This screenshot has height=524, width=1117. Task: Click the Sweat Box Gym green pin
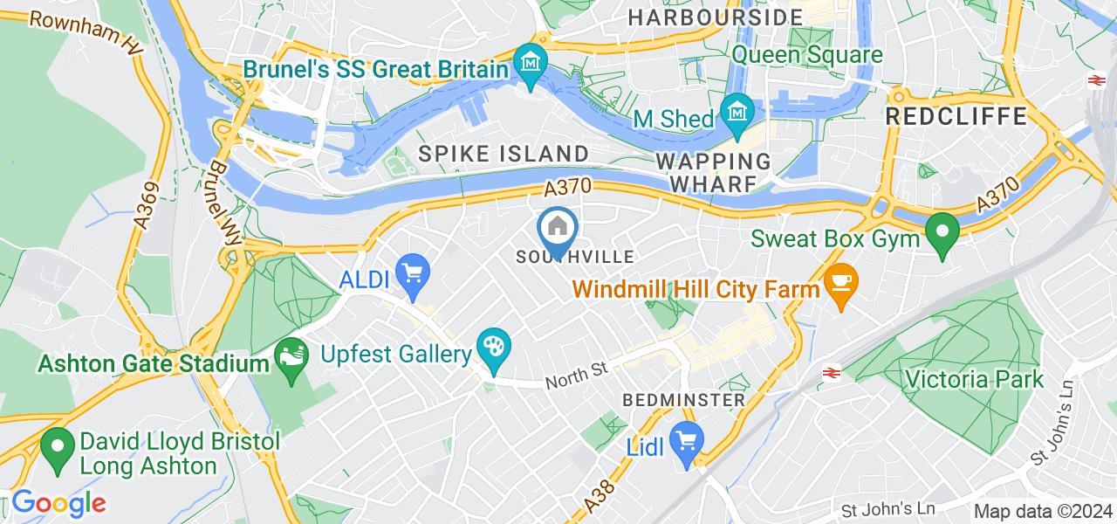(x=942, y=233)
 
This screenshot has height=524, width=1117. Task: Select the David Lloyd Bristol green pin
(x=58, y=449)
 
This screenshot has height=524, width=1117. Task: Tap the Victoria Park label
(x=974, y=380)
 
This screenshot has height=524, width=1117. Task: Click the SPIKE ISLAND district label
(x=504, y=154)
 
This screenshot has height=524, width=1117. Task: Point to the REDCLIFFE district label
(x=956, y=116)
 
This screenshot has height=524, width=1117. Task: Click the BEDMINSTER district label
(x=684, y=400)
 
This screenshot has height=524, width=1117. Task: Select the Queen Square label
(x=807, y=55)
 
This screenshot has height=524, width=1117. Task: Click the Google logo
(x=58, y=503)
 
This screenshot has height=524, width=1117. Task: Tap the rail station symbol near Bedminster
(x=830, y=373)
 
